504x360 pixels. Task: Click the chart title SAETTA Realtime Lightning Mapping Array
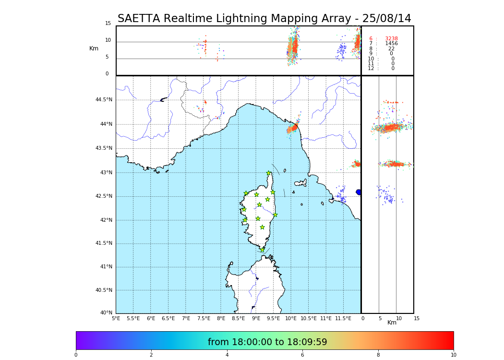[264, 19]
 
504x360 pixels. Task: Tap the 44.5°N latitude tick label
[104, 100]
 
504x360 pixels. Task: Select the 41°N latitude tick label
[106, 267]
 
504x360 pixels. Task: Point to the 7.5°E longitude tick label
[204, 319]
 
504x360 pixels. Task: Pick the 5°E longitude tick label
[116, 319]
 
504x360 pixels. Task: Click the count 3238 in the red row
[391, 39]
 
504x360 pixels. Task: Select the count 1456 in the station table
[391, 44]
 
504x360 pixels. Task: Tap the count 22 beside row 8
[391, 49]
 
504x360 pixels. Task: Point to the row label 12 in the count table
[371, 69]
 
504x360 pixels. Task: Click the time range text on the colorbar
[267, 342]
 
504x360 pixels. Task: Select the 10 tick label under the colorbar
[453, 355]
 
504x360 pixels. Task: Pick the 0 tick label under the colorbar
[76, 355]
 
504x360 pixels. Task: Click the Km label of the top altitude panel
[94, 48]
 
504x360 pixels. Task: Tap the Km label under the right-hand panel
[392, 323]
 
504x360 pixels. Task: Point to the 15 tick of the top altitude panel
[108, 24]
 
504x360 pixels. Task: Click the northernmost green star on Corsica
[269, 173]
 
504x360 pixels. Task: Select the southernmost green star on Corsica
[262, 250]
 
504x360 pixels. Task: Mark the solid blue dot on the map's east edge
[359, 192]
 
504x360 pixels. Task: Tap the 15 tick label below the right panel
[417, 319]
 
